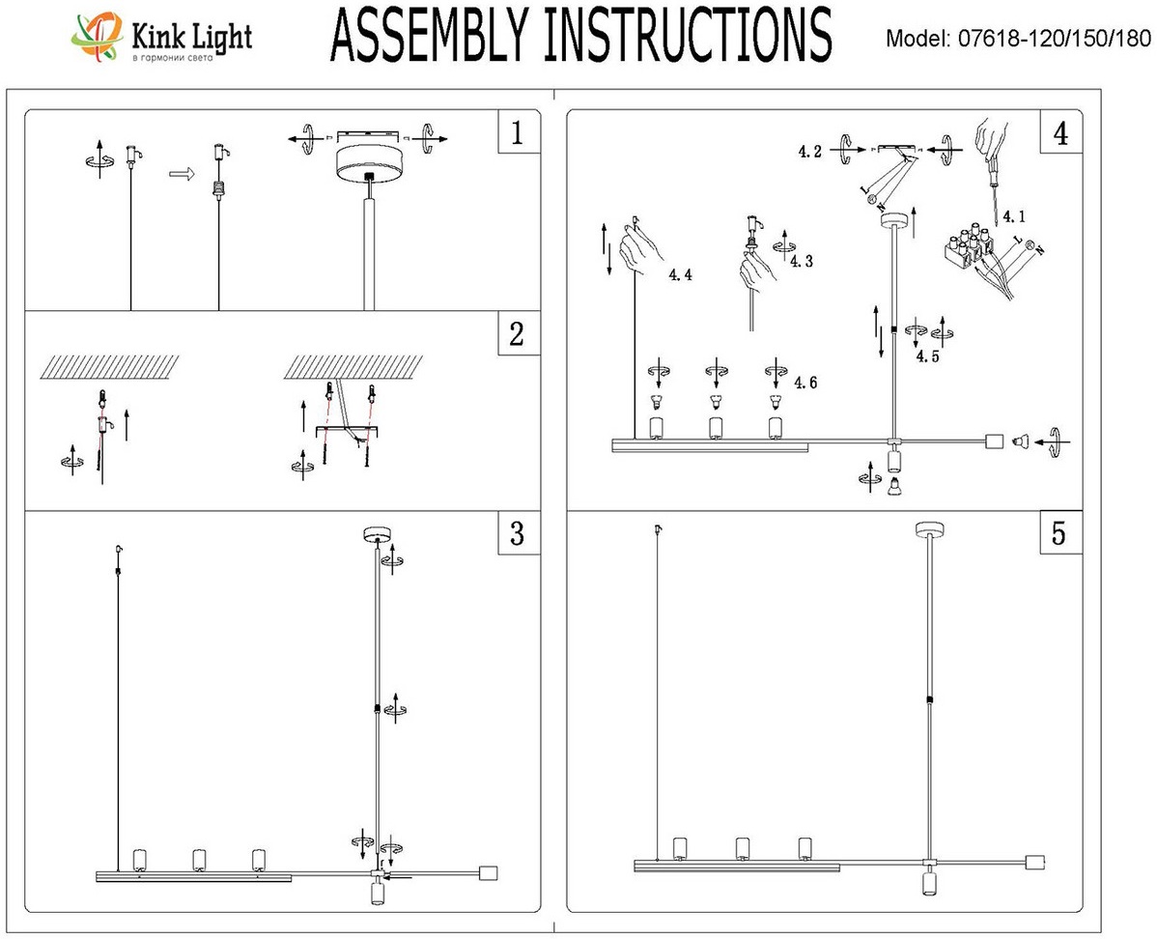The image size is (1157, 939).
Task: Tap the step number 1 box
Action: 517,133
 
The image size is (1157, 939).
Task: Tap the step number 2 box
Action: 517,334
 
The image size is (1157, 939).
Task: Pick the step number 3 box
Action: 517,532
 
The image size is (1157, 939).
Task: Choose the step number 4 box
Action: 1060,133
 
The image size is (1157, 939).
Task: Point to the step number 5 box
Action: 1060,534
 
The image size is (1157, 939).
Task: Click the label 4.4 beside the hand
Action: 680,275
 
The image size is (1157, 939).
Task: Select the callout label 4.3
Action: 801,261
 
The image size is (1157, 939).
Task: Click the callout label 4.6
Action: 806,384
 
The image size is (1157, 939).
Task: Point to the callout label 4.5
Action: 928,356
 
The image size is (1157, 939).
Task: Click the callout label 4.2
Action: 810,152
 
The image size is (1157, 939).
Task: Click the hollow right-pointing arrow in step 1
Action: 178,174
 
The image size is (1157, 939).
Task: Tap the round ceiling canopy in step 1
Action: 369,164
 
